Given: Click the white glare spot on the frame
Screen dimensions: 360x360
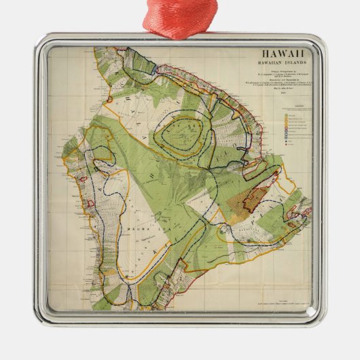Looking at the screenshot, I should pyautogui.click(x=310, y=312).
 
